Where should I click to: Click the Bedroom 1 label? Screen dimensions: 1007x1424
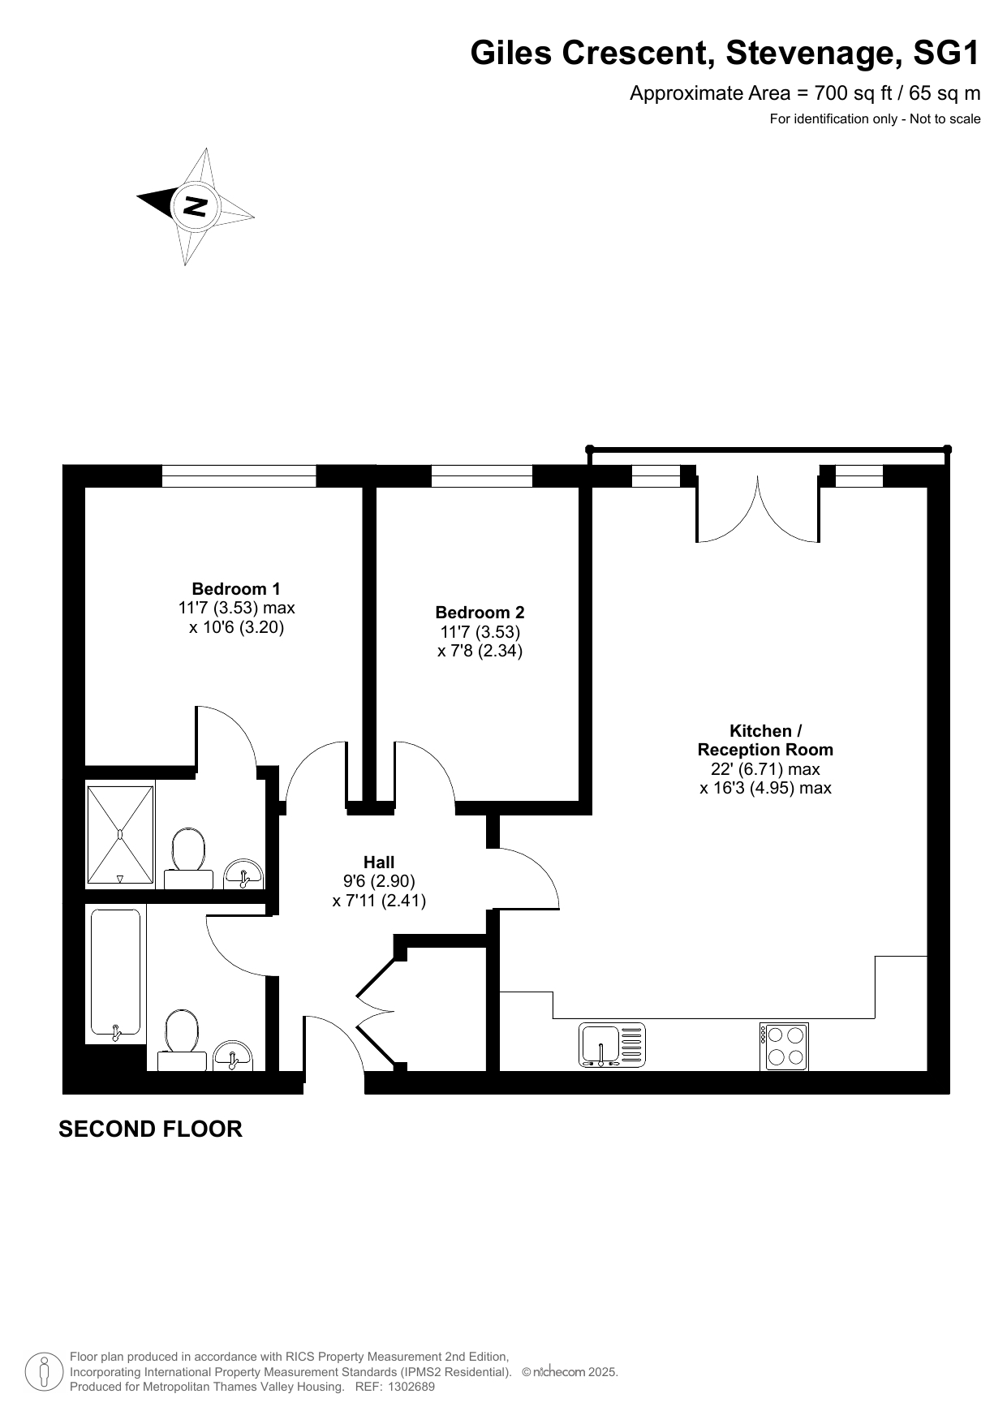click(x=236, y=589)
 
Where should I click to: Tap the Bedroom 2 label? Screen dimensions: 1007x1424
click(x=480, y=613)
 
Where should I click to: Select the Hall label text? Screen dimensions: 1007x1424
click(x=379, y=863)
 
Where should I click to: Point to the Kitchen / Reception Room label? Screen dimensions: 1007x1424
click(x=765, y=740)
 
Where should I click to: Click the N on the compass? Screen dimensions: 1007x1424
click(x=195, y=206)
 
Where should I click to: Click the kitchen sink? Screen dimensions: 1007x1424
click(x=613, y=1045)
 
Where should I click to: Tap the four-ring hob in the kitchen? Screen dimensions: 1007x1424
click(x=784, y=1047)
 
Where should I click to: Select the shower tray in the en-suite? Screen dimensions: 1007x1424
click(x=120, y=834)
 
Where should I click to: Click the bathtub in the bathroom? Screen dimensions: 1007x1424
click(x=115, y=974)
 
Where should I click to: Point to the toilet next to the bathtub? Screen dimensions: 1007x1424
click(x=183, y=1040)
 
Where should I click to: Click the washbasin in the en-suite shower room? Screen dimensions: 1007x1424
click(x=243, y=874)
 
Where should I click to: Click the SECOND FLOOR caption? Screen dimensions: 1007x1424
click(x=150, y=1129)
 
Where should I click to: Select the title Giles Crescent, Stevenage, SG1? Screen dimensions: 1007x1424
click(x=725, y=54)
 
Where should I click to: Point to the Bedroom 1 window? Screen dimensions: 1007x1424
click(x=239, y=476)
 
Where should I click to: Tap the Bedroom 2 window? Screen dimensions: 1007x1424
click(x=481, y=476)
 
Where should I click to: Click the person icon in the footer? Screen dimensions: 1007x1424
click(x=44, y=1372)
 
